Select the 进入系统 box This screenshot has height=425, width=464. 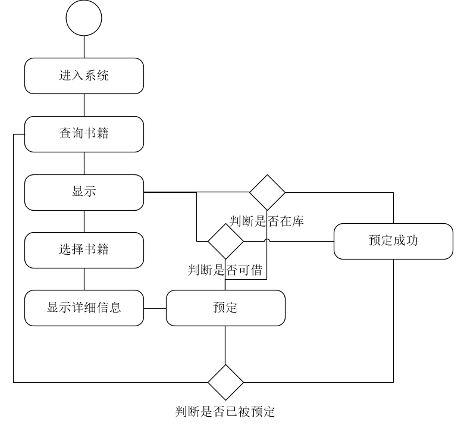tap(84, 76)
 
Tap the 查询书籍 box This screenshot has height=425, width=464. tap(84, 134)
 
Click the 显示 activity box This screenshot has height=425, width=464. tap(84, 192)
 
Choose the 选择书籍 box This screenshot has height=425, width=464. tap(84, 250)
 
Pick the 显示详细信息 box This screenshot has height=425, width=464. tap(84, 308)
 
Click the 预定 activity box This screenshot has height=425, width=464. tap(225, 308)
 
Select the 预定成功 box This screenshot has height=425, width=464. tap(393, 241)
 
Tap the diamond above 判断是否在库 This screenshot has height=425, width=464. tap(267, 192)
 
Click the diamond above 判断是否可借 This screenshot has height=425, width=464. tap(225, 241)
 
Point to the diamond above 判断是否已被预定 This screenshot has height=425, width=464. tap(225, 382)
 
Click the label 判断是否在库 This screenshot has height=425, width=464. tap(267, 221)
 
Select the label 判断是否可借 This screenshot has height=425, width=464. tap(225, 270)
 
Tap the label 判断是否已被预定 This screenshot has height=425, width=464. tap(225, 411)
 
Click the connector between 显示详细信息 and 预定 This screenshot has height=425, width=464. tap(155, 308)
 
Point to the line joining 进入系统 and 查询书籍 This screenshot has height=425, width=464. tap(84, 105)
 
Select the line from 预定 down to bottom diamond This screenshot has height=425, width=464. tap(225, 345)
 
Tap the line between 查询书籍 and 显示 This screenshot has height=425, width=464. tap(84, 163)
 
